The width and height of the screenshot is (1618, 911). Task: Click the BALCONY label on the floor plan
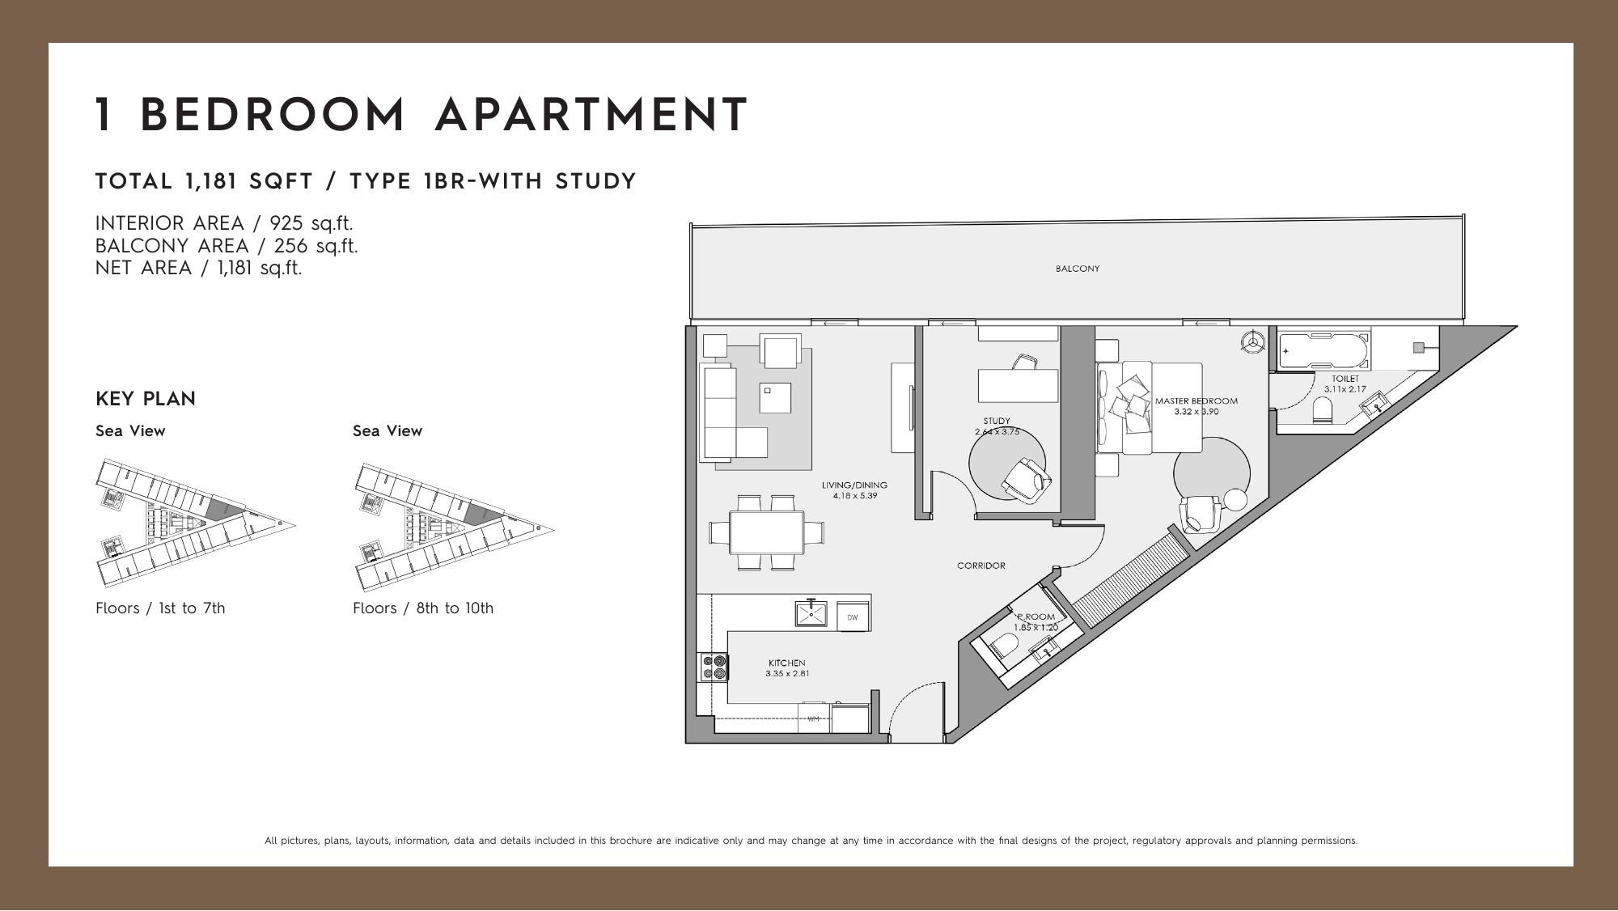point(1077,269)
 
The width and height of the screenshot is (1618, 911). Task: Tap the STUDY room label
point(997,421)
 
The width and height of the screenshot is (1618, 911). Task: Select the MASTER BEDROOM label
point(1196,401)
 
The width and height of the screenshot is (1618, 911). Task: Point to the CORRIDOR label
point(981,566)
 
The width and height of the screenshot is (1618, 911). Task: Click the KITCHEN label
point(786,663)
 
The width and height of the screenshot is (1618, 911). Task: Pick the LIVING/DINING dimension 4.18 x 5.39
point(854,495)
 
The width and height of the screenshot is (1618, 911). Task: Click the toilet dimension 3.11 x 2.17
point(1345,389)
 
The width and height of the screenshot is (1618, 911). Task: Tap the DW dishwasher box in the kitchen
point(853,617)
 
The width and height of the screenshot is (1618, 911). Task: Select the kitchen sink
point(811,614)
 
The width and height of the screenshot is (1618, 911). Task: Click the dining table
point(767,532)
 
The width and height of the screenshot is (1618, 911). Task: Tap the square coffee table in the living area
point(774,397)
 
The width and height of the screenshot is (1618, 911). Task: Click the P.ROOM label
point(1036,617)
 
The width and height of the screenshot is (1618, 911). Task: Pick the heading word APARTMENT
point(591,115)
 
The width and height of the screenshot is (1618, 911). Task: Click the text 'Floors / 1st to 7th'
point(160,608)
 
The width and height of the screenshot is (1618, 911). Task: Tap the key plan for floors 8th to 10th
point(454,527)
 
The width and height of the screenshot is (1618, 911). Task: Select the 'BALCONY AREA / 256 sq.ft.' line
point(227,246)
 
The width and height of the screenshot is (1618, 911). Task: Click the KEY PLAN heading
point(146,399)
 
